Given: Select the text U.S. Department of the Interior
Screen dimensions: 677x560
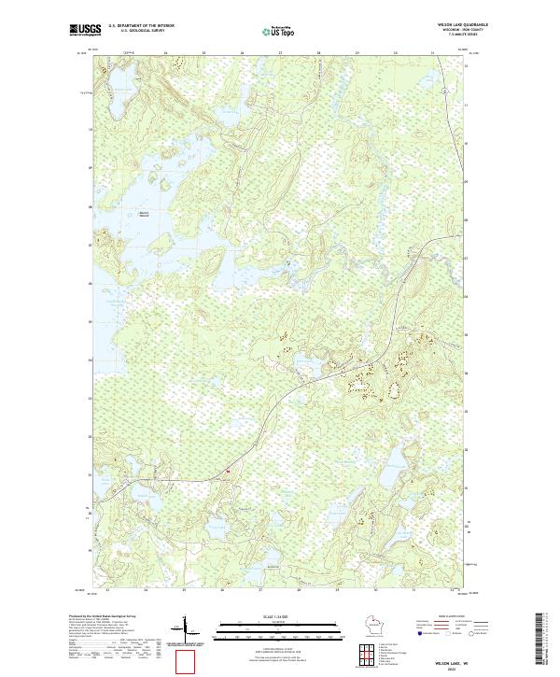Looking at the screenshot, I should [141, 25].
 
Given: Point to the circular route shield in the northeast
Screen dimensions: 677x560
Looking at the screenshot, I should [446, 90].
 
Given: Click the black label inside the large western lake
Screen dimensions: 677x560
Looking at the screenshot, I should [144, 215].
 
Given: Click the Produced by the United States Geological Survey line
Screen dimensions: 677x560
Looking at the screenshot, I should [102, 617].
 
